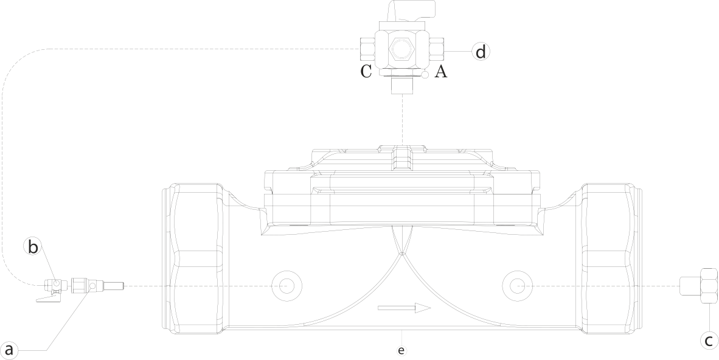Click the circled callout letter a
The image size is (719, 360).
point(9,350)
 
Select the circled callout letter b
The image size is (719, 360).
point(33,247)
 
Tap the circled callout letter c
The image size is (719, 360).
point(709,341)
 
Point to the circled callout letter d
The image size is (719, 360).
point(481,52)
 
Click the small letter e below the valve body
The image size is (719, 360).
point(401,350)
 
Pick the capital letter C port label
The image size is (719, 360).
point(366,72)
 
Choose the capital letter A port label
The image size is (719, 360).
point(442,72)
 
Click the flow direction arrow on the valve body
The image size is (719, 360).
point(404,308)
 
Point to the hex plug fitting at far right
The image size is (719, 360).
point(700,285)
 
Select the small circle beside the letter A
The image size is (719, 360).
point(425,75)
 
